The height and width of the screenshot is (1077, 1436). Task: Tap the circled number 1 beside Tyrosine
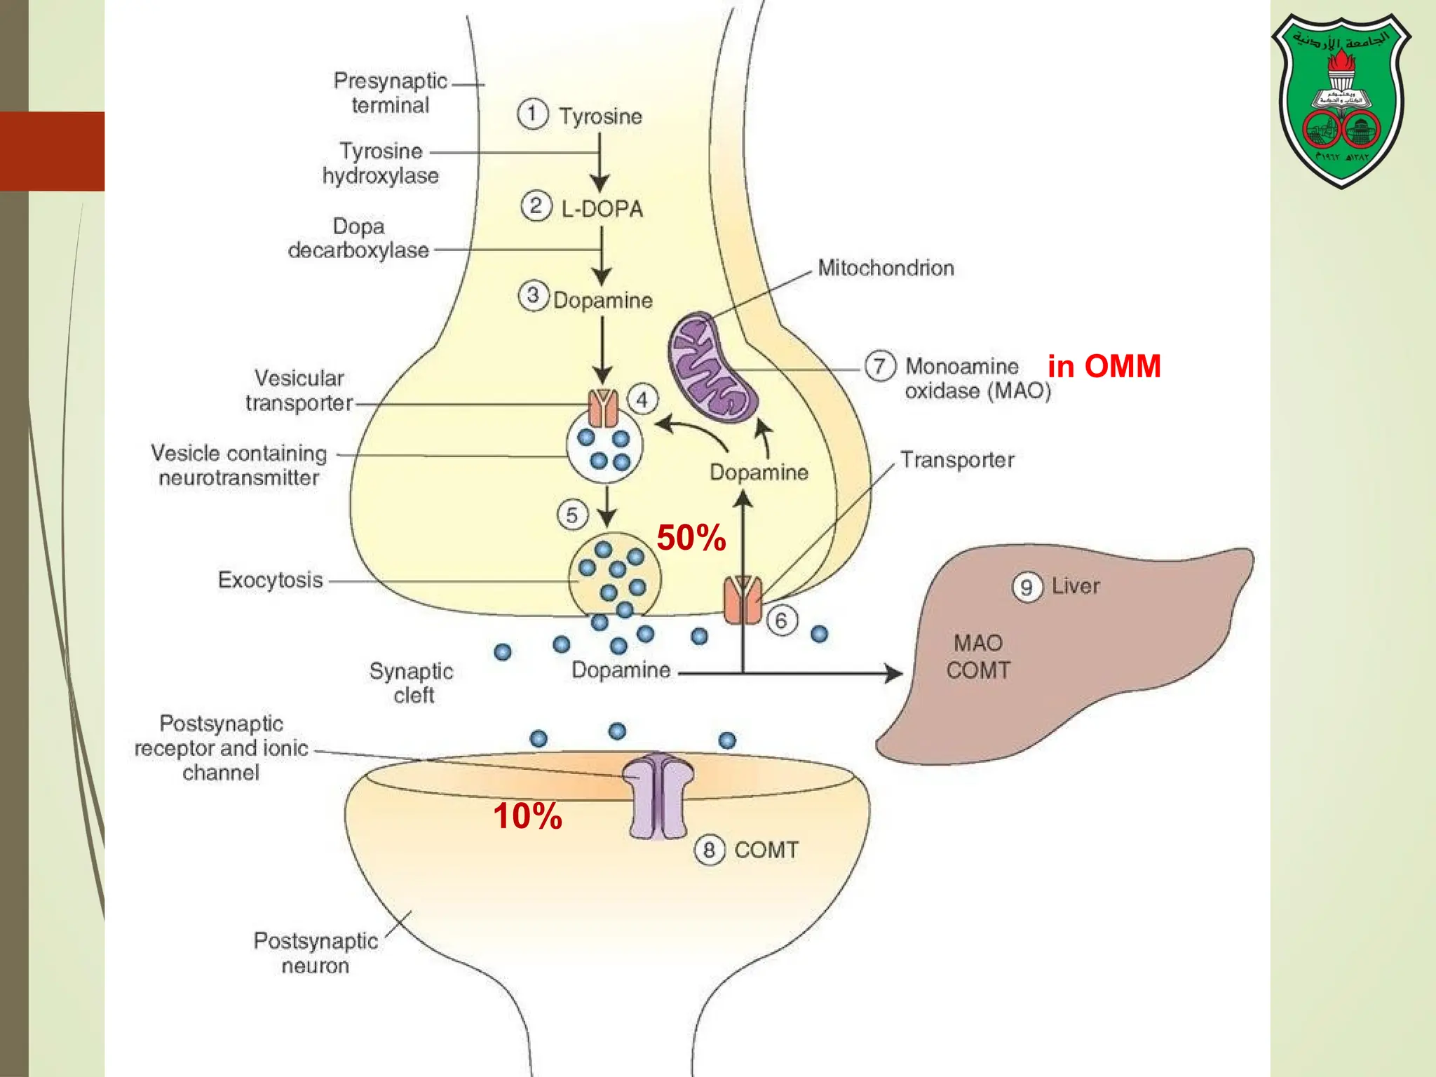tap(532, 114)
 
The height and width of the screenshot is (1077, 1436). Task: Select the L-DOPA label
tap(602, 208)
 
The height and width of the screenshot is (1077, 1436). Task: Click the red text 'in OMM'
tap(1104, 366)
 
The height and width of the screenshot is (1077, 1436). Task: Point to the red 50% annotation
tap(691, 538)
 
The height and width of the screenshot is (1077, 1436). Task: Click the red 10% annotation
tap(527, 816)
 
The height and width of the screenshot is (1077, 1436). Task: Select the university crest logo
tap(1341, 100)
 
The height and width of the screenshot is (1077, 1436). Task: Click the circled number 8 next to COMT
tap(709, 850)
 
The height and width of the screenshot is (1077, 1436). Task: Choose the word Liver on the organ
tap(1075, 585)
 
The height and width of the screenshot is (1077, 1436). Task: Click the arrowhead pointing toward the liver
tap(894, 674)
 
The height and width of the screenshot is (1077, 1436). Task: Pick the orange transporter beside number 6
tap(743, 600)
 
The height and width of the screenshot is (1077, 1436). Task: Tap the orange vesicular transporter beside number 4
tap(602, 408)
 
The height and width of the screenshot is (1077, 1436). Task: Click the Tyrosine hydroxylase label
tap(381, 163)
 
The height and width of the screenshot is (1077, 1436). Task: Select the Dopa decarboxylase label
tap(358, 238)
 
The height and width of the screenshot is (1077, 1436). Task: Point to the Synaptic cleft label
tap(412, 683)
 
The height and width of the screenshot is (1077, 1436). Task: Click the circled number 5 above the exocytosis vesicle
tap(572, 515)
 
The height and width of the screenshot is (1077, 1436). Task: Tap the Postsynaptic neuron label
tap(316, 953)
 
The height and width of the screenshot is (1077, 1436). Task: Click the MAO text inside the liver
tap(978, 643)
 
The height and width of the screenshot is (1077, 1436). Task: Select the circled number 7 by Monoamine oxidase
tap(879, 366)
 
